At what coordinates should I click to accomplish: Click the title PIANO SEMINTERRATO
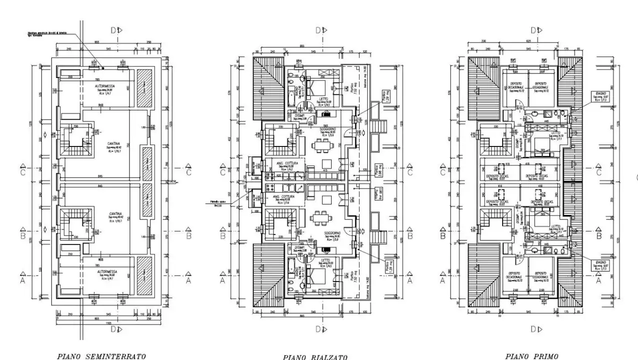[101, 356]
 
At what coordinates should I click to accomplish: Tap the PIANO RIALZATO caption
[315, 357]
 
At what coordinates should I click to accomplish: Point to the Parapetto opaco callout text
[216, 203]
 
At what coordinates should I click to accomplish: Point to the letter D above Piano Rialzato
[318, 30]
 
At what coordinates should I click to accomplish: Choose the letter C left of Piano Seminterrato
[22, 172]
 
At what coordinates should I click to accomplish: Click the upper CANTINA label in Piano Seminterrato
[113, 143]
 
